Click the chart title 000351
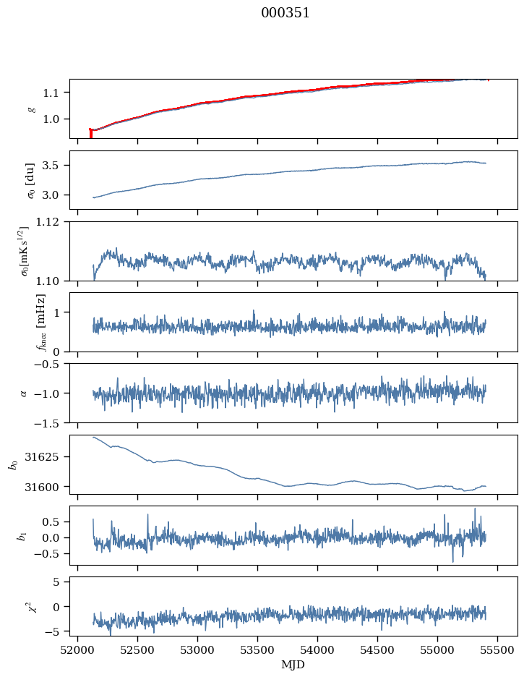click(x=285, y=13)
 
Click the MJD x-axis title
click(x=293, y=665)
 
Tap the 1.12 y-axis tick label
click(x=51, y=222)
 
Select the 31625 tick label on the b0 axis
click(x=48, y=457)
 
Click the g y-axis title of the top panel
click(x=30, y=108)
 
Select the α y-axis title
click(x=24, y=393)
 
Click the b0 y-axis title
click(x=12, y=464)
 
